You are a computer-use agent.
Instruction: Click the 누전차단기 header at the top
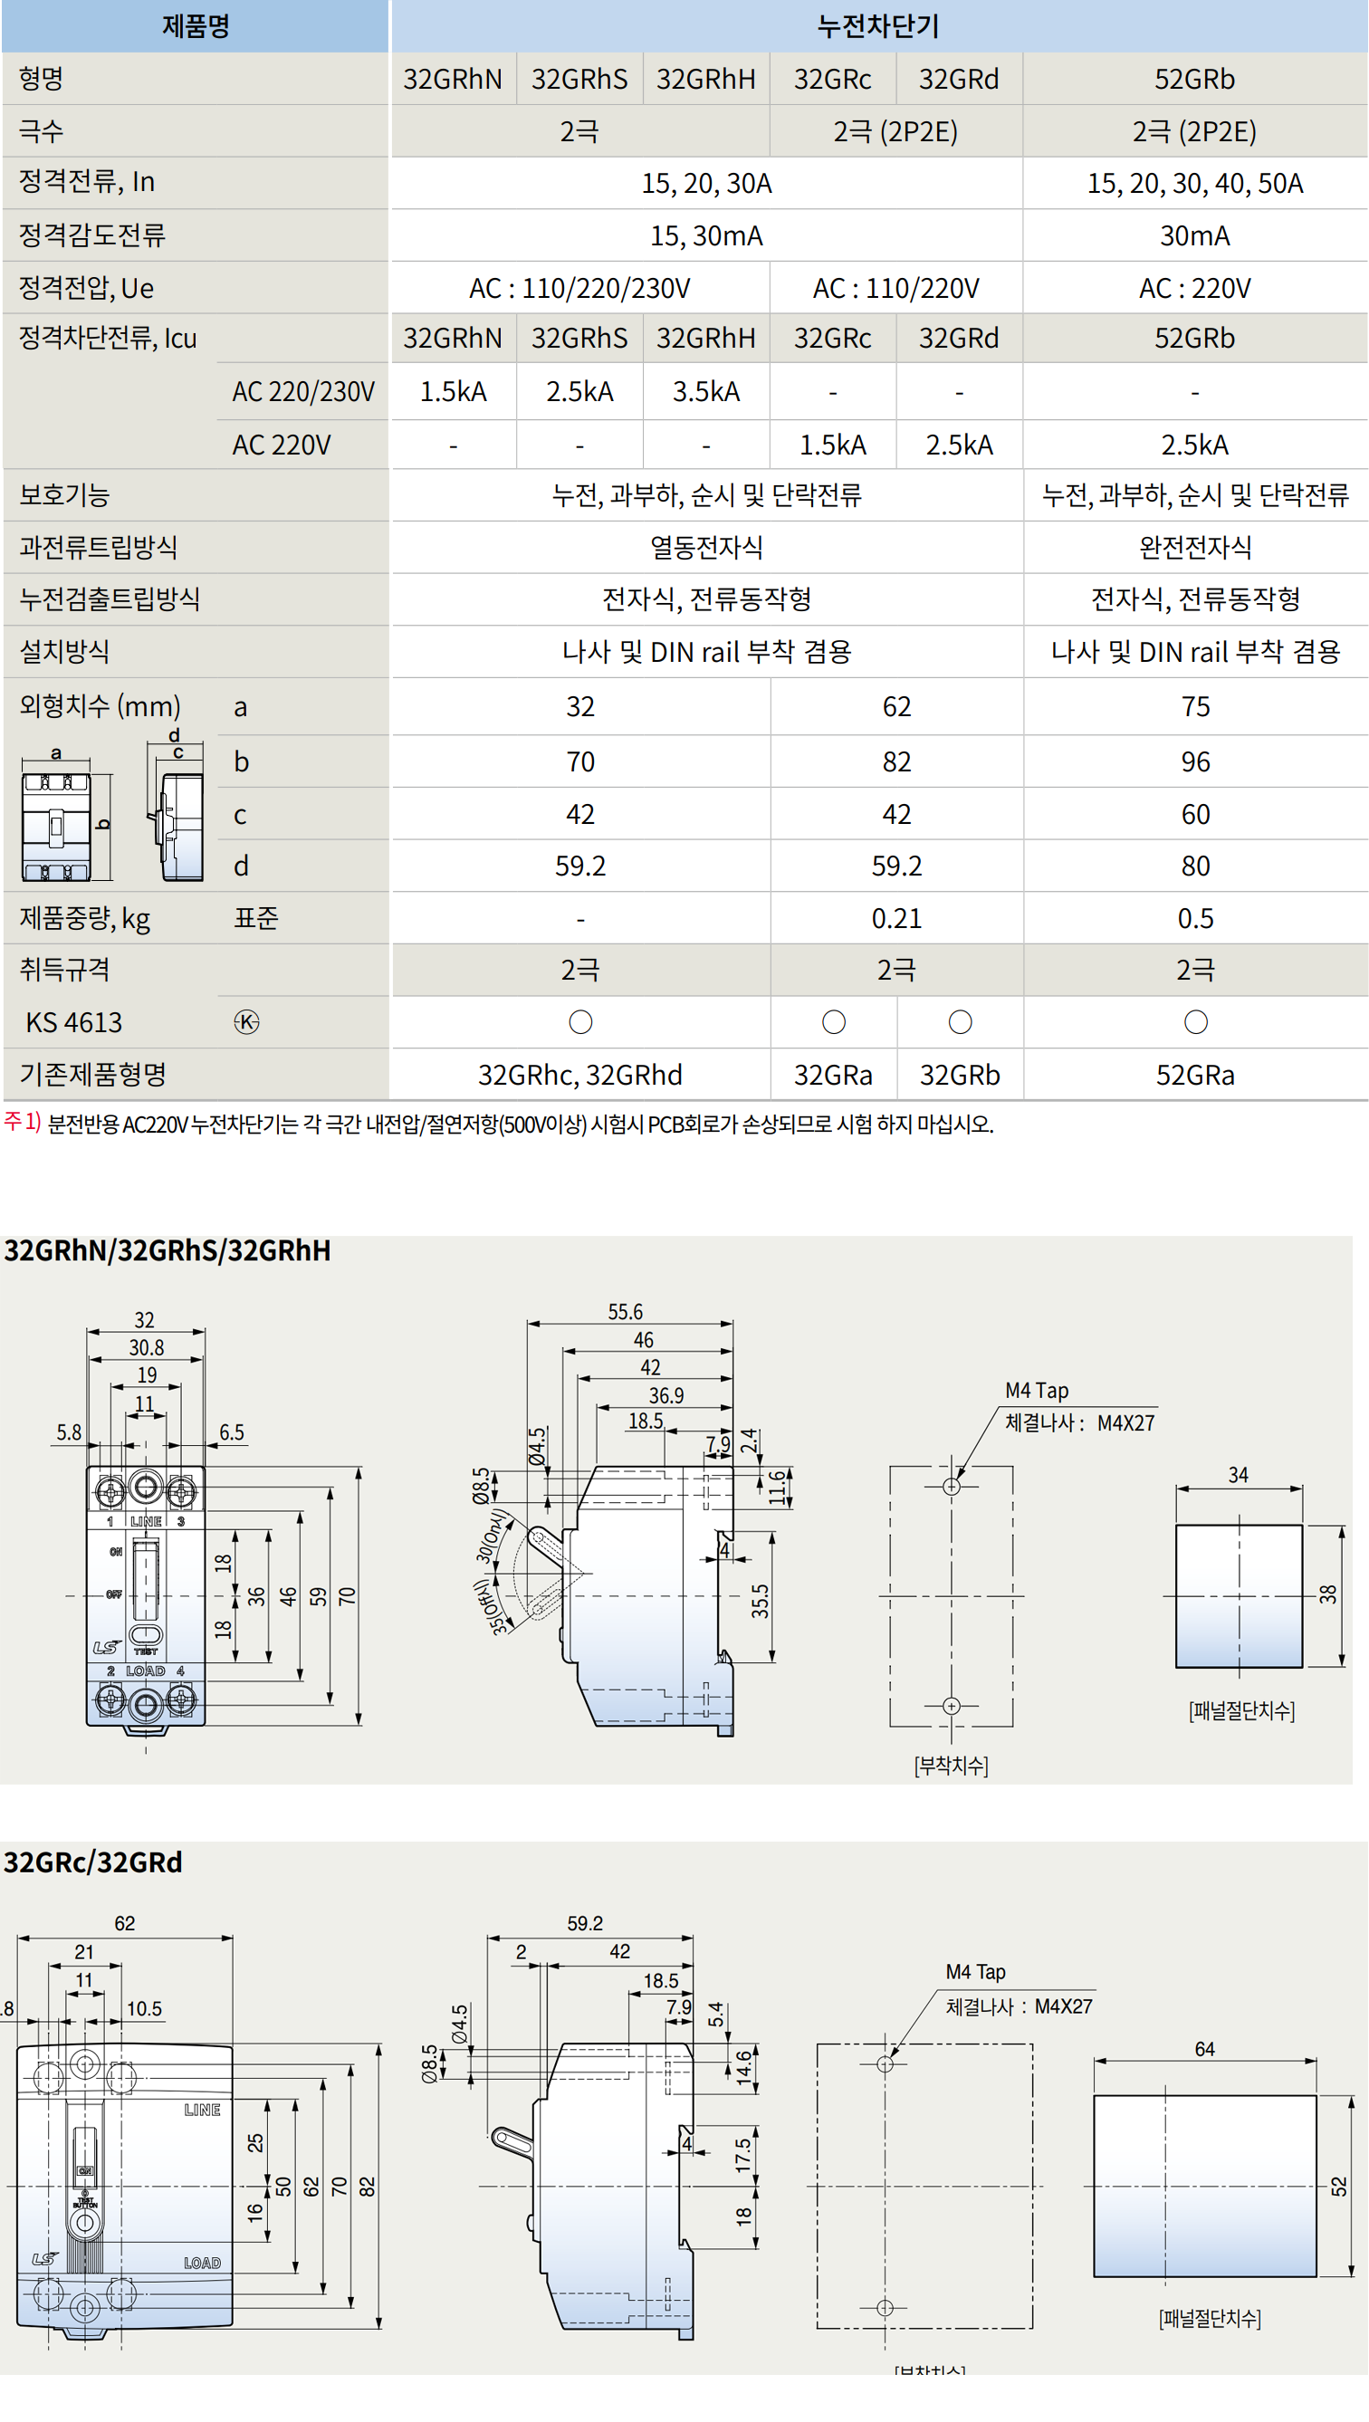pyautogui.click(x=878, y=26)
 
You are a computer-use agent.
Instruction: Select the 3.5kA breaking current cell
pyautogui.click(x=705, y=391)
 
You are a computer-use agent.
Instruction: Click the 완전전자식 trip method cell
pyautogui.click(x=1194, y=547)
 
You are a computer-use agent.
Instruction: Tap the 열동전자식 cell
pyautogui.click(x=706, y=547)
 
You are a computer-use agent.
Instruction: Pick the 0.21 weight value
pyautogui.click(x=896, y=918)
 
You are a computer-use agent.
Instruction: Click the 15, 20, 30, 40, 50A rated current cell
pyautogui.click(x=1194, y=183)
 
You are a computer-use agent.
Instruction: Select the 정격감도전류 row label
pyautogui.click(x=92, y=235)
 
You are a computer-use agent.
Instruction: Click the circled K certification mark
pyautogui.click(x=246, y=1022)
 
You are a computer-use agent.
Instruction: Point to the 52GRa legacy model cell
pyautogui.click(x=1194, y=1075)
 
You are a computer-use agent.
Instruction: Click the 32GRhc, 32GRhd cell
pyautogui.click(x=580, y=1075)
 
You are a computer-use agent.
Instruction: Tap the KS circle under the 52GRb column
pyautogui.click(x=1195, y=1022)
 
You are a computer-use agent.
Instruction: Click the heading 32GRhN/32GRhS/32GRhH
pyautogui.click(x=168, y=1250)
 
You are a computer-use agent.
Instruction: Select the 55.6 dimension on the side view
pyautogui.click(x=626, y=1312)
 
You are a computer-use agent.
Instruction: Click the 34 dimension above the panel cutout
pyautogui.click(x=1239, y=1475)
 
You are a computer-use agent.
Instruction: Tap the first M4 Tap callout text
pyautogui.click(x=1036, y=1391)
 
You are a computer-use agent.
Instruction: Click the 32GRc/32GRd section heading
pyautogui.click(x=93, y=1862)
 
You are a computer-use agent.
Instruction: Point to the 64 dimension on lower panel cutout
pyautogui.click(x=1204, y=2049)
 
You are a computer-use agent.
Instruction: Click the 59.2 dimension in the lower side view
pyautogui.click(x=585, y=1924)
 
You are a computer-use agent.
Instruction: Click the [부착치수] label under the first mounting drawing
pyautogui.click(x=951, y=1766)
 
